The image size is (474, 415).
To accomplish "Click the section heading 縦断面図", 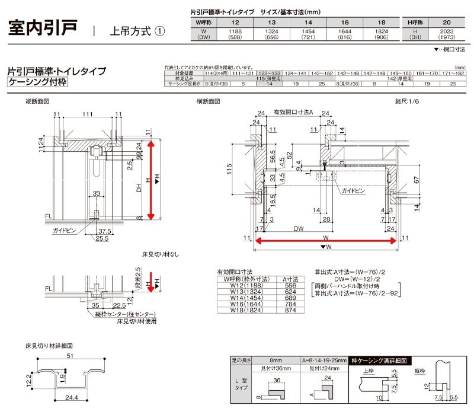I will (x=37, y=102).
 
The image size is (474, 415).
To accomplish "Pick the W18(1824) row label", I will (x=244, y=311).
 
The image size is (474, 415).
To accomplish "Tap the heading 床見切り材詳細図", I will (x=49, y=345).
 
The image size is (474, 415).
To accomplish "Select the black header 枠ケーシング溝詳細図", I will (x=379, y=360).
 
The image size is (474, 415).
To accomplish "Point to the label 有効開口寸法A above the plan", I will (x=293, y=112).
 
